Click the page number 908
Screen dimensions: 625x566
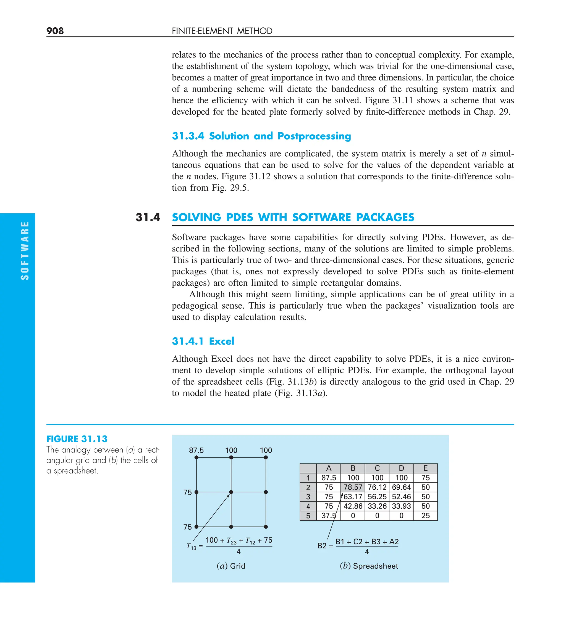55,31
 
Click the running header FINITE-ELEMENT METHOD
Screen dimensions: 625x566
222,31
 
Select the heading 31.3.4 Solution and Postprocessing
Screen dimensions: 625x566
261,136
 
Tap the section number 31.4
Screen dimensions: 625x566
148,217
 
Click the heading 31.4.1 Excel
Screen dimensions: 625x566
203,341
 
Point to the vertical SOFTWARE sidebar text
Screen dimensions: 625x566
25,251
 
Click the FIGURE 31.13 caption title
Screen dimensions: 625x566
77,439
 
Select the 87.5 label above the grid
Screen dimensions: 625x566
196,450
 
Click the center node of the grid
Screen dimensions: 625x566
231,492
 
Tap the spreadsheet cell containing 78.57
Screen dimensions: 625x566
353,487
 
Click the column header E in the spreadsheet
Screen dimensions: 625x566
425,468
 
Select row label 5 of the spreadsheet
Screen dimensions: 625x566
308,516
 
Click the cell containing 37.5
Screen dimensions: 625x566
328,516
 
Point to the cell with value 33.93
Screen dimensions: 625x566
401,506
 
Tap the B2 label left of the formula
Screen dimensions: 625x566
322,546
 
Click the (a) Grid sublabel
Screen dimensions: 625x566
231,566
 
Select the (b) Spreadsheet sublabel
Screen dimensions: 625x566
368,566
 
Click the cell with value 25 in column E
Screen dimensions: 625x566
425,516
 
